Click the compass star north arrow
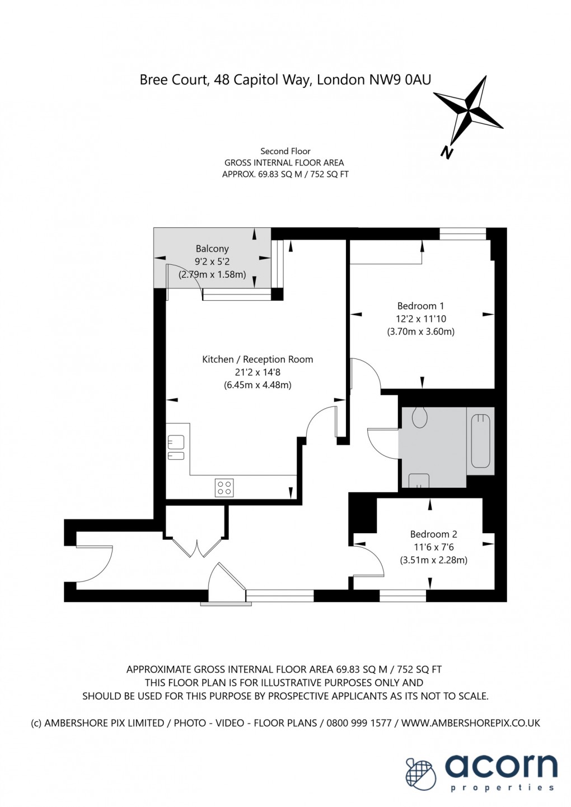469,110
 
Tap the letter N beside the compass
447,152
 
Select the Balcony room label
212,249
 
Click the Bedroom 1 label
420,306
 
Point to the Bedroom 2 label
433,534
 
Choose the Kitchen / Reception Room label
258,360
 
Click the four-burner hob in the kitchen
224,487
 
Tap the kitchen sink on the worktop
176,448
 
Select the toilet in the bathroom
420,417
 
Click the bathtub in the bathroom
481,441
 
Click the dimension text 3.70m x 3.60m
420,332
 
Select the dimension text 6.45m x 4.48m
258,385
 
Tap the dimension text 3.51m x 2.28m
433,559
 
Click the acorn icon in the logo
421,773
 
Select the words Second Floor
285,151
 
